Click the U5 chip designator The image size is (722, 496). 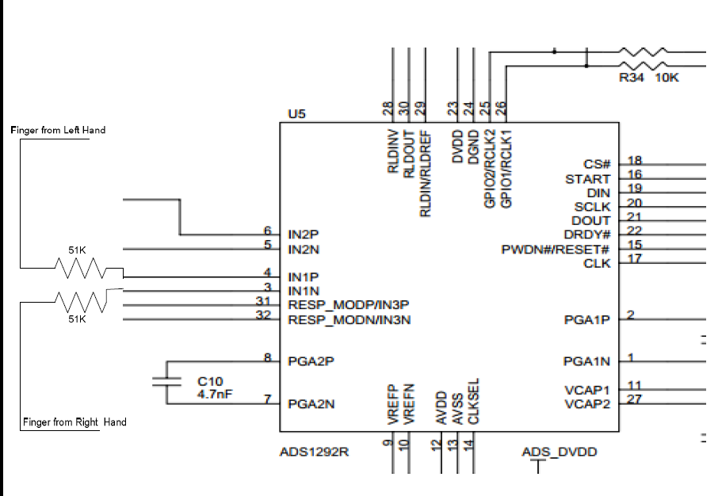[x=296, y=114]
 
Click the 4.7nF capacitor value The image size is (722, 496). [x=213, y=393]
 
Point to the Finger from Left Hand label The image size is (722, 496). [x=58, y=130]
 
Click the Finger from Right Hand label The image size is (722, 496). [x=73, y=422]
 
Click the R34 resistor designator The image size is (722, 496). [x=632, y=78]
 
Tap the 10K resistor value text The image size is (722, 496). [x=667, y=78]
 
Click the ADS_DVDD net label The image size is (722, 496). [x=560, y=452]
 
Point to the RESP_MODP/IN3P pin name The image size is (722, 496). [x=348, y=305]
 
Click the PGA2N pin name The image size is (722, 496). [x=311, y=403]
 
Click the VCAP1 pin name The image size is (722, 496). [x=587, y=390]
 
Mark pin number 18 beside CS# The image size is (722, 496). [x=635, y=160]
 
